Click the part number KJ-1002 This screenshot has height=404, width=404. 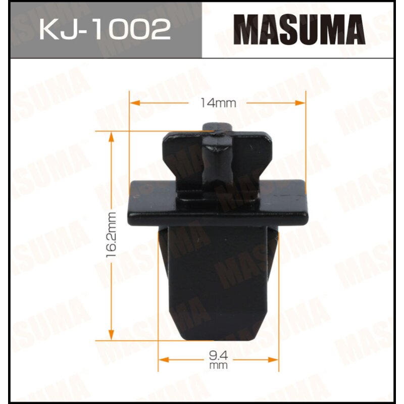(x=105, y=29)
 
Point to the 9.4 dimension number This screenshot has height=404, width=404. (x=219, y=356)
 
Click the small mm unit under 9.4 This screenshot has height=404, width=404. (x=219, y=365)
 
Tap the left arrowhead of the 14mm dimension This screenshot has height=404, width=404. (x=134, y=103)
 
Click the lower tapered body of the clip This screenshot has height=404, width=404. (x=219, y=283)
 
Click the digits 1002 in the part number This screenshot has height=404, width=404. (x=136, y=29)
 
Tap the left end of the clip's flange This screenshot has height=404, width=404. (x=134, y=205)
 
